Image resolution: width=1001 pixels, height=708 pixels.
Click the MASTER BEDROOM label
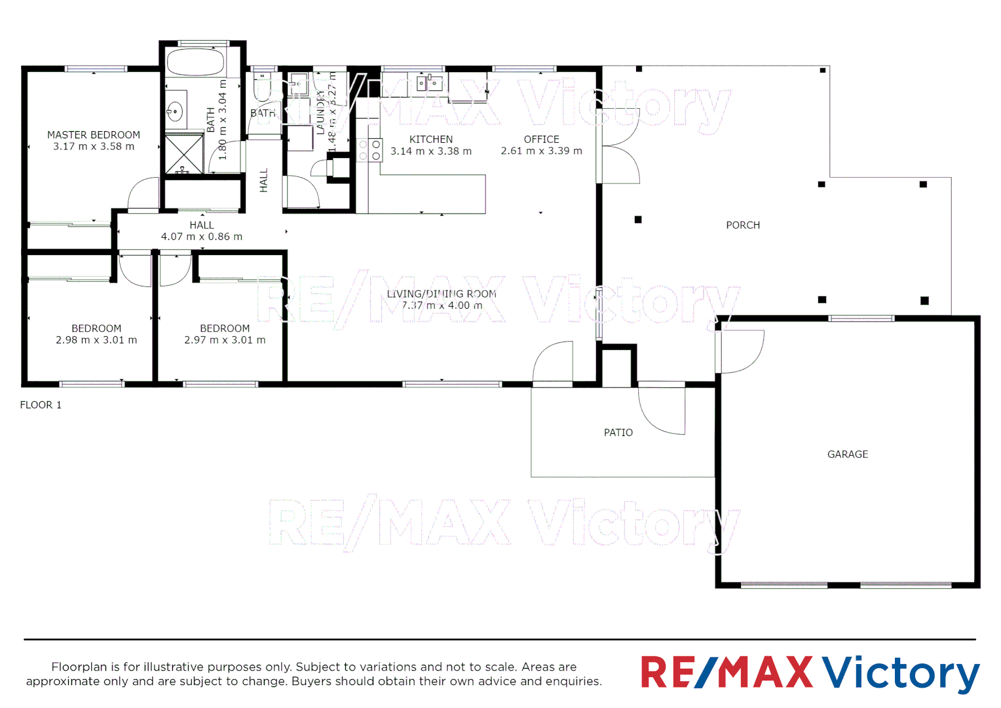[94, 135]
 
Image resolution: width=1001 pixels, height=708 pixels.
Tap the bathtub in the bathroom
[195, 63]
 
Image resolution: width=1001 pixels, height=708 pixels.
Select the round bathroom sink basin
[174, 111]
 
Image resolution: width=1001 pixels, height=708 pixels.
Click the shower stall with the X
[183, 155]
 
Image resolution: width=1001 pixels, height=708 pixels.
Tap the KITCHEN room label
[431, 140]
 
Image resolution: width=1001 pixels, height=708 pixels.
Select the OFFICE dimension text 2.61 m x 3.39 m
[541, 151]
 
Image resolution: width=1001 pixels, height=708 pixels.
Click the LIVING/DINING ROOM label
[442, 294]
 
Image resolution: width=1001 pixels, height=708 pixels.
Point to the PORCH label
[743, 226]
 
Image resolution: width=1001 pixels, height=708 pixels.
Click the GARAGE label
[848, 454]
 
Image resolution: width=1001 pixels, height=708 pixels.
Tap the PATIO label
[618, 433]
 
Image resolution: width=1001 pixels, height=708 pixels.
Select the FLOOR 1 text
[41, 405]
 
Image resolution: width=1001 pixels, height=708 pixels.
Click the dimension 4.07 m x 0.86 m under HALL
[202, 237]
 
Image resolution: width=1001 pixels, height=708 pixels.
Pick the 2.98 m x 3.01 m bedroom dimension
[96, 340]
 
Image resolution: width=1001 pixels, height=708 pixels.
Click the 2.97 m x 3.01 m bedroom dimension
[225, 340]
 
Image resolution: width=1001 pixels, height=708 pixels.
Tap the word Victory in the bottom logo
[901, 673]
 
